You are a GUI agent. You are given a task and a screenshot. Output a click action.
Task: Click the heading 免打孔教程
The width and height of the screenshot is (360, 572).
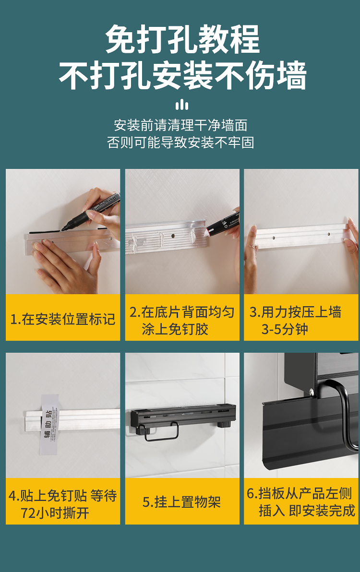point(182,39)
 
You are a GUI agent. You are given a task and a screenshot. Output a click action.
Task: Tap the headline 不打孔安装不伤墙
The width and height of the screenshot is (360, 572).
point(182,75)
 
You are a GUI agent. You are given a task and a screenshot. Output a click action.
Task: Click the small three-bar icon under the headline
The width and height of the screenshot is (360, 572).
point(181,105)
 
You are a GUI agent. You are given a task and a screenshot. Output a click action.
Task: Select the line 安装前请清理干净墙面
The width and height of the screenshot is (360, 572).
point(180,126)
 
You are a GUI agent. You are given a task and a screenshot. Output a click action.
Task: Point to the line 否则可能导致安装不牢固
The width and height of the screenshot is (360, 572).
point(180,142)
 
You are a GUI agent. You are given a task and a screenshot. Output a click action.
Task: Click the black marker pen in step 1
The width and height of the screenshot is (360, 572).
point(91,212)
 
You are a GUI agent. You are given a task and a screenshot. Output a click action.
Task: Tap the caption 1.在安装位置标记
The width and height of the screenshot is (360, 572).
point(63,319)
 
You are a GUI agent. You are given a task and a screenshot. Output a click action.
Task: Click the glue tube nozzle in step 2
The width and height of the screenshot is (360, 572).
point(210,229)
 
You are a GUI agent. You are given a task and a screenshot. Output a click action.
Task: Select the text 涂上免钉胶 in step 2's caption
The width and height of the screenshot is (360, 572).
point(175,329)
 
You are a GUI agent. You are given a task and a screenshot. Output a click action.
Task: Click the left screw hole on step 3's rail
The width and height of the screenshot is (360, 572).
point(274,238)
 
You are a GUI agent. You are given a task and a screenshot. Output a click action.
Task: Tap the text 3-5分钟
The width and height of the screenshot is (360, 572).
point(285,329)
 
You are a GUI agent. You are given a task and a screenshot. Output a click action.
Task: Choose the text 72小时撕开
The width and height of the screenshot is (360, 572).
point(55,513)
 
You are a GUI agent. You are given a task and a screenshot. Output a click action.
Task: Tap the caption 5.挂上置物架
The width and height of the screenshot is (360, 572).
point(181,502)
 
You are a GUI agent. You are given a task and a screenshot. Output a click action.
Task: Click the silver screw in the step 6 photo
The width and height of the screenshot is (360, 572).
point(312,392)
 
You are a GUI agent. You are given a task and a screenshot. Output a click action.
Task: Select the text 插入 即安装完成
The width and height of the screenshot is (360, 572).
point(307,511)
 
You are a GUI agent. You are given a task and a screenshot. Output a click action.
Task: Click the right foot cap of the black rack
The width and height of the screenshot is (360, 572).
point(221,424)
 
